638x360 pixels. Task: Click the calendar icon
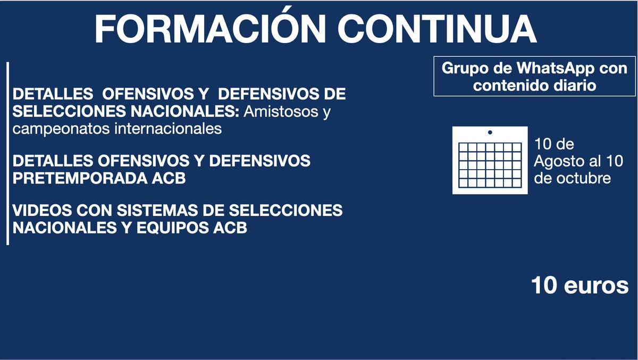[x=490, y=160]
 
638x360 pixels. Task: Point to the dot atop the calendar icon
[x=490, y=131]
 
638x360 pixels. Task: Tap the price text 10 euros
[x=580, y=286]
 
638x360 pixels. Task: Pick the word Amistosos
[x=281, y=112]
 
